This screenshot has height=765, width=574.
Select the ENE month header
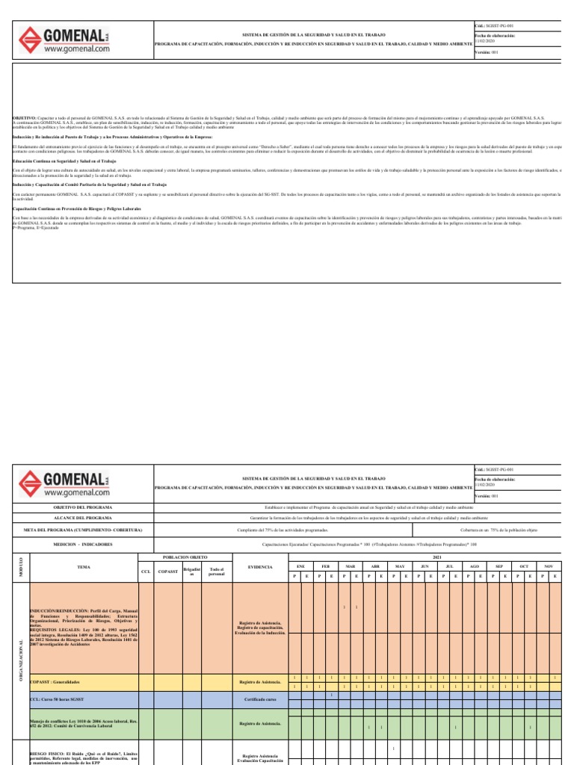tap(300, 567)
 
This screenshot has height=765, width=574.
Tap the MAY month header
tap(399, 567)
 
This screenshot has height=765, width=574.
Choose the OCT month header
tap(523, 567)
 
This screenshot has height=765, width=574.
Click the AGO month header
tap(474, 567)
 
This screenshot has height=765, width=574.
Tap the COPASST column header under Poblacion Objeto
tap(167, 572)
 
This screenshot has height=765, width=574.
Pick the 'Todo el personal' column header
tap(216, 572)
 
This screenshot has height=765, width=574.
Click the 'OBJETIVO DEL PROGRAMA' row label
tap(83, 507)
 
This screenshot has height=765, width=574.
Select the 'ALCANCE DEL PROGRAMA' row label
tap(83, 518)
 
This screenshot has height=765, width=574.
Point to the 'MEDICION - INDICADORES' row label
tap(83, 545)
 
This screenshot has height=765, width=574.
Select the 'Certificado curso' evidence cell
tap(260, 699)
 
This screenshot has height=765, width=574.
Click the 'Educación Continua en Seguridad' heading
tap(64, 161)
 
